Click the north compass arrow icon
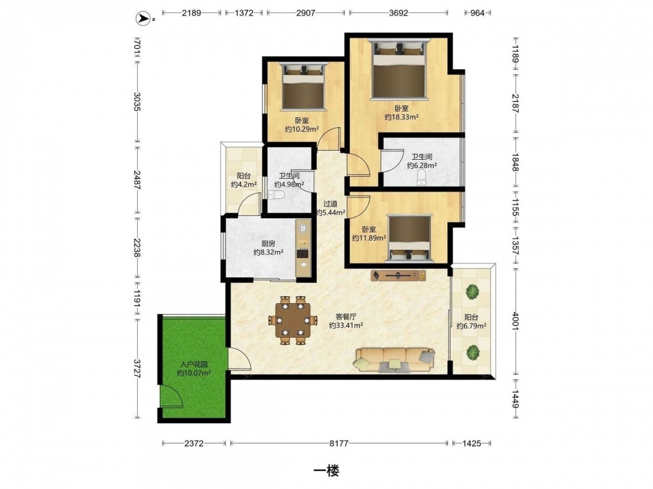click(144, 18)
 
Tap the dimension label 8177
click(338, 443)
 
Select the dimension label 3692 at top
click(398, 13)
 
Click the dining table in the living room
click(294, 320)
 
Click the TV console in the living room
click(398, 275)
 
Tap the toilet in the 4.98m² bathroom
click(276, 194)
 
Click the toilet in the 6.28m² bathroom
click(422, 177)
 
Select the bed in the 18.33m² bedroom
click(399, 69)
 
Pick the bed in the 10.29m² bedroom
click(303, 87)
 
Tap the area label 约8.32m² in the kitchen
click(268, 252)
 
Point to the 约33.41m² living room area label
click(346, 325)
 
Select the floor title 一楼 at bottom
click(326, 471)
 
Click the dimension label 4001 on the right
click(515, 321)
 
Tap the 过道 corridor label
click(330, 203)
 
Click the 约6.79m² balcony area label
click(471, 326)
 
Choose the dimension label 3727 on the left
click(137, 368)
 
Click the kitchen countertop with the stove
click(303, 248)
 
